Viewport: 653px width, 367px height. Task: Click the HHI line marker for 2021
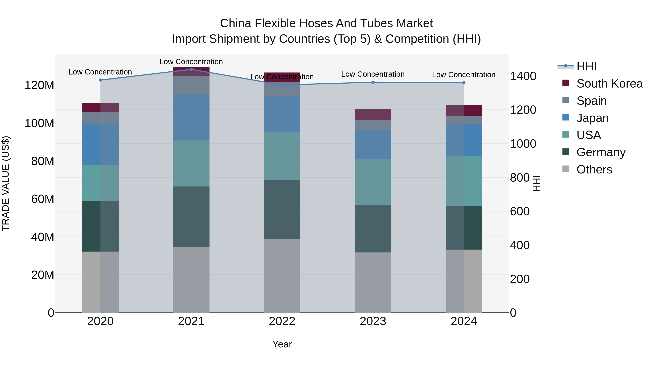tap(191, 69)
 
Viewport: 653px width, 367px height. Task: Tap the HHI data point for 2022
tap(282, 85)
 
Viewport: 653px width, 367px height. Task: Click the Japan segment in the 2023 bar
tap(373, 145)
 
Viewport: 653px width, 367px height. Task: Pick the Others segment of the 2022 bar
tap(282, 275)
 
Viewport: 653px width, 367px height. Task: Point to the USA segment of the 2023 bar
tap(373, 182)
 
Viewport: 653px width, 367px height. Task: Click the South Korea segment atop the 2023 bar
tap(373, 115)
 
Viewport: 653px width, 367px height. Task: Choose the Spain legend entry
tap(591, 101)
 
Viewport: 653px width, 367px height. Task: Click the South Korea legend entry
tap(609, 84)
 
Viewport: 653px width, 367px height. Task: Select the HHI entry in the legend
tap(586, 66)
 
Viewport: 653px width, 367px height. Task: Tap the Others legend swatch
tap(566, 169)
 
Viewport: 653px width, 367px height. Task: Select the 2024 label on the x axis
tap(464, 321)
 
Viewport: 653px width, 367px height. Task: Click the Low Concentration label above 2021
tap(191, 62)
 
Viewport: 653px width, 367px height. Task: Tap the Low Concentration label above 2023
tap(373, 74)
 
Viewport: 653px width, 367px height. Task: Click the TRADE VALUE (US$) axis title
tap(6, 183)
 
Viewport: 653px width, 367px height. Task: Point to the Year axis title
tap(282, 344)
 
